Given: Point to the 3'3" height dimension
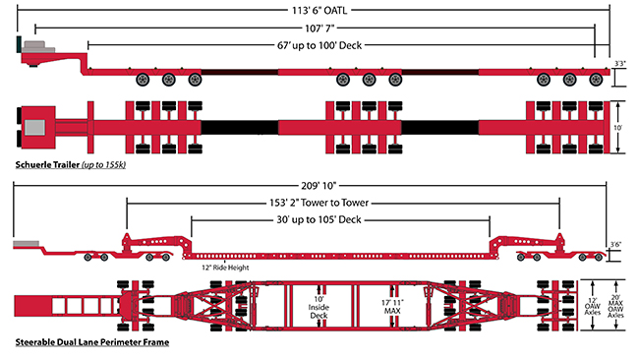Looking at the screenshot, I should click(x=619, y=64).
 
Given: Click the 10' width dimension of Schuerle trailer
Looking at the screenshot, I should click(x=619, y=128).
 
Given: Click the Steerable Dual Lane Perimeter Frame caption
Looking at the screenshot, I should click(x=90, y=343).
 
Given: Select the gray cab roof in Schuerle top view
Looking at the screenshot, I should click(x=36, y=127).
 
